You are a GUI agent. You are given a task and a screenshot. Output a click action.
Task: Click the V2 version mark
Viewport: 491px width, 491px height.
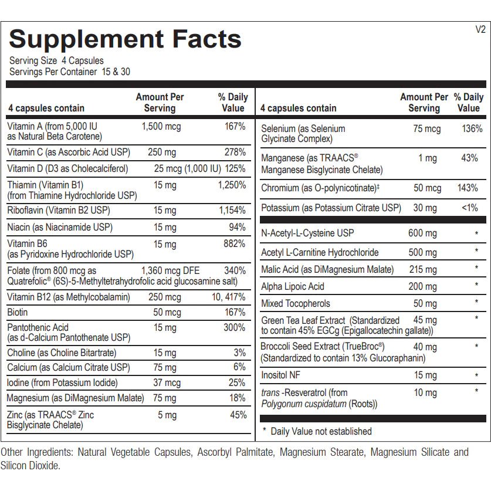point(480,30)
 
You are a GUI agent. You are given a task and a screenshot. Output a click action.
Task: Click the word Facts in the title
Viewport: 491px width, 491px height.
point(197,39)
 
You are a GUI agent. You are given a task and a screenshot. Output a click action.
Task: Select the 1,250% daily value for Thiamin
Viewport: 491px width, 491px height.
point(232,185)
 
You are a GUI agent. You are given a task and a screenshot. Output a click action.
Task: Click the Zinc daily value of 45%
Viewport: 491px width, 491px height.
point(238,415)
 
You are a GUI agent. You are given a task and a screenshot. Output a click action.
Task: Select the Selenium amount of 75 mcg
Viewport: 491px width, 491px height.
point(426,128)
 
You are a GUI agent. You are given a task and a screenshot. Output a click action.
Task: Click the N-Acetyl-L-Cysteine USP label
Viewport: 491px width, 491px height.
point(307,233)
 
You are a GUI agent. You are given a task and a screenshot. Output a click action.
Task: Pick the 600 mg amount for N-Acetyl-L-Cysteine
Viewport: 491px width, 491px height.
point(422,233)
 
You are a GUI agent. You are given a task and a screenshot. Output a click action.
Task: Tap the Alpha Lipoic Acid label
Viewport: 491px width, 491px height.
point(292,286)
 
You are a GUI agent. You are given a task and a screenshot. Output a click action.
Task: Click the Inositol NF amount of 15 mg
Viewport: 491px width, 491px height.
point(425,375)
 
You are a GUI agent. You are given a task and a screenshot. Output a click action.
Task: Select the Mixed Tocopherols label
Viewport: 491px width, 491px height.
point(295,303)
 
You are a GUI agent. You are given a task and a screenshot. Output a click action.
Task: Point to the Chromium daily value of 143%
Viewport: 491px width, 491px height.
point(468,188)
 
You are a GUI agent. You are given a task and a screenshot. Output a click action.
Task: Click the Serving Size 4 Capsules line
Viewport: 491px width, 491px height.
point(56,61)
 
